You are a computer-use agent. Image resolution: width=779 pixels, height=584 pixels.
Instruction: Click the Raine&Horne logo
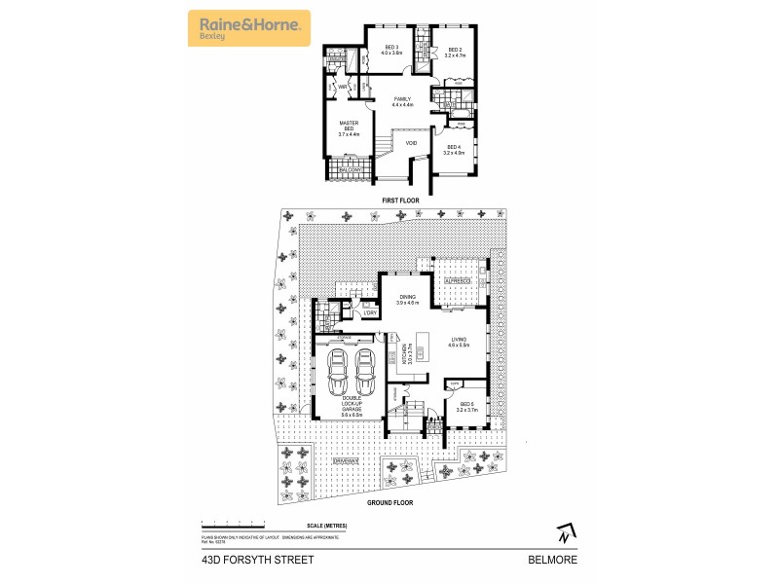(248, 27)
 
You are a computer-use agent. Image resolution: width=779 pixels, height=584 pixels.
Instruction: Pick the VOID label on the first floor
(411, 143)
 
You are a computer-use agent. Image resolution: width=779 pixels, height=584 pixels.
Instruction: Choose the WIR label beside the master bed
(344, 87)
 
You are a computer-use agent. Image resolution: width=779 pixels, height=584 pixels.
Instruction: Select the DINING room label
(407, 301)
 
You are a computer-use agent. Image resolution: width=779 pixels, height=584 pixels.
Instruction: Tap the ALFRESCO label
(458, 280)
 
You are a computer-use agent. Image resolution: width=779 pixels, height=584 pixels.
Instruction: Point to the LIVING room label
(459, 342)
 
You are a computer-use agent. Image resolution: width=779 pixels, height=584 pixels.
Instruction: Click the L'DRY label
(369, 311)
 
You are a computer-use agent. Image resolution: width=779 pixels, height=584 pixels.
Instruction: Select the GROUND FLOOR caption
(389, 503)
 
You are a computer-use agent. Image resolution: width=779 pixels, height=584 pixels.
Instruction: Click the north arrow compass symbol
(563, 533)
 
